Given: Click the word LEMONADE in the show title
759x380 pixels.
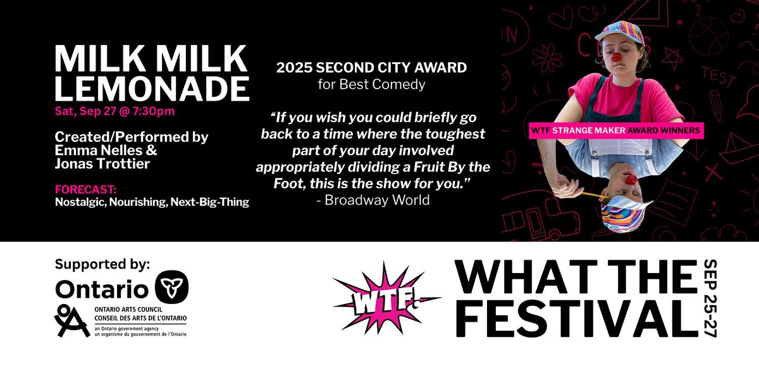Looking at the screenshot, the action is (152, 89).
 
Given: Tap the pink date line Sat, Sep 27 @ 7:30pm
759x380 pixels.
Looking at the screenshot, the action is (115, 111).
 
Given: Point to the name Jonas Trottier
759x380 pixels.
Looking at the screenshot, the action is (102, 163).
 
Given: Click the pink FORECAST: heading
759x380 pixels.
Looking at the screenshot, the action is (86, 189).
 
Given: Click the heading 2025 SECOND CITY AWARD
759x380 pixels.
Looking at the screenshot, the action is (371, 68).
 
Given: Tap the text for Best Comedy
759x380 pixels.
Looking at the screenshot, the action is (371, 84).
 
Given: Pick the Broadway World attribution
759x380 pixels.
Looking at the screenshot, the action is (373, 200).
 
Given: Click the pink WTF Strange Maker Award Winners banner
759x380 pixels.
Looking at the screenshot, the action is (616, 130).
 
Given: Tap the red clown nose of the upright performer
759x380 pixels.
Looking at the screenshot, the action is (616, 56).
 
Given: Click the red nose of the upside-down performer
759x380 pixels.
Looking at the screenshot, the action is (631, 179).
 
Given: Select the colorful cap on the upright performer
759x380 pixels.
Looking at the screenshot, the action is (620, 32).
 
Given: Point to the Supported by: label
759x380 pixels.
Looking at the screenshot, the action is (102, 264).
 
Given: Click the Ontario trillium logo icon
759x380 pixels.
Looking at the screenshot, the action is (172, 287).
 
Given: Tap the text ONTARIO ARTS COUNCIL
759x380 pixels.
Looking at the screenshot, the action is (128, 310).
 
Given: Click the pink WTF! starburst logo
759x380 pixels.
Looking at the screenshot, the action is (386, 298).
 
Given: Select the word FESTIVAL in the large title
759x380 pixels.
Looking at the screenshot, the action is (577, 319).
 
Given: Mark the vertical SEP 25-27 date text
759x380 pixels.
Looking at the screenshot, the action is (710, 298).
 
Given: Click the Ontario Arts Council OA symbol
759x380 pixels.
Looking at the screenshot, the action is (71, 320).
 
